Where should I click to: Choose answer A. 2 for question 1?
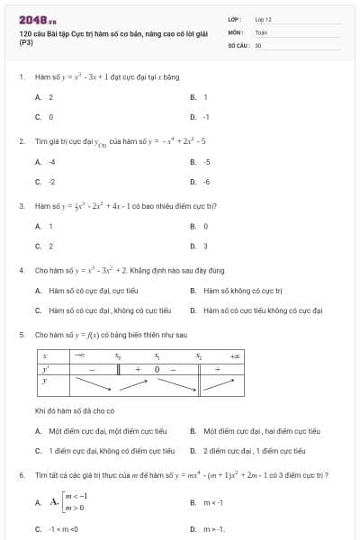tap(45, 96)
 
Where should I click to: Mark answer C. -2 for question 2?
tap(46, 181)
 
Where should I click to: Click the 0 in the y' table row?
tap(157, 369)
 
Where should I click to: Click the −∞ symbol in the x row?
tap(79, 356)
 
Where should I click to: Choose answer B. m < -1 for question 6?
tap(207, 502)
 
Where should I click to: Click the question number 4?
tap(21, 270)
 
